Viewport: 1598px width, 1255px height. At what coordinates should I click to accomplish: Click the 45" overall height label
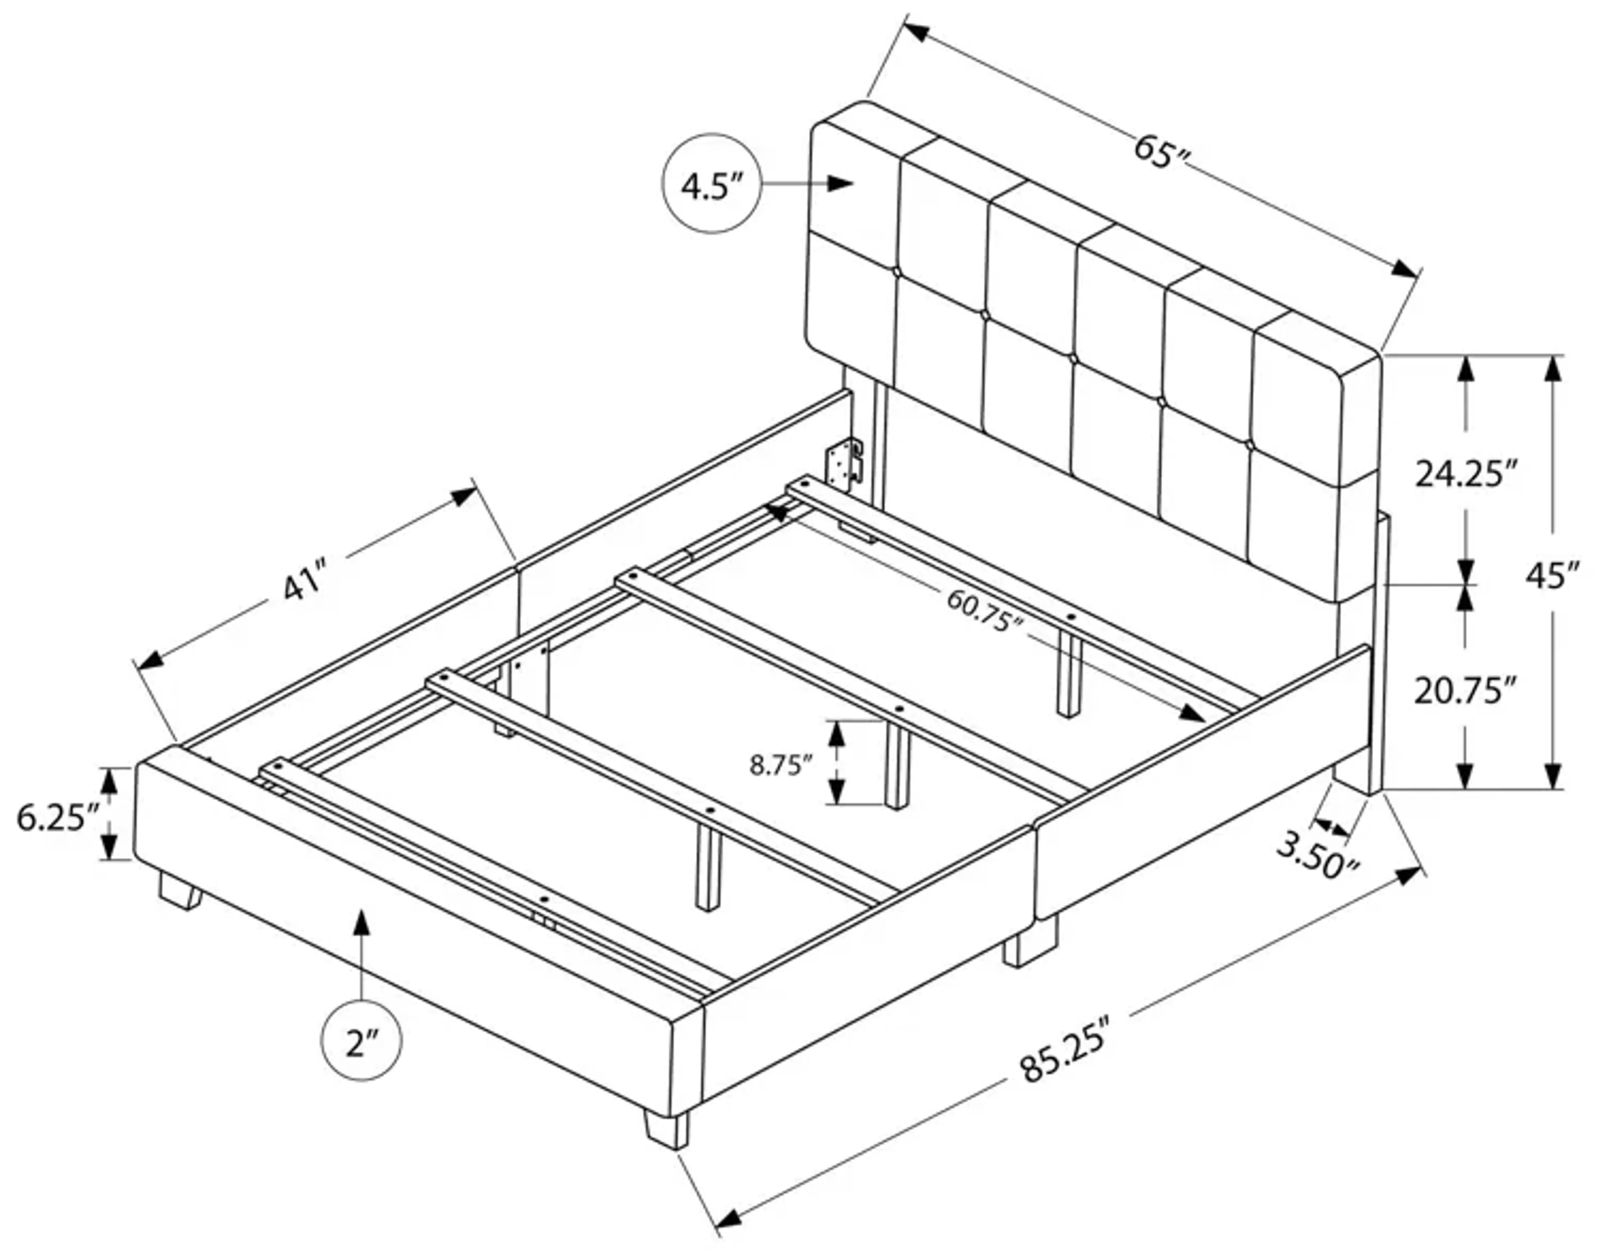pos(1553,575)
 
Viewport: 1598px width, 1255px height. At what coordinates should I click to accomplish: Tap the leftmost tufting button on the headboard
pos(896,273)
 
